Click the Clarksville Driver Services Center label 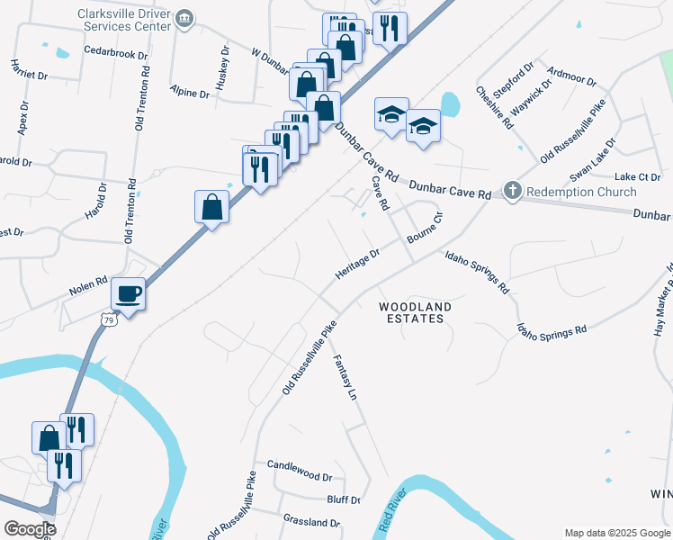click(x=124, y=21)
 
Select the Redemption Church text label click(x=581, y=191)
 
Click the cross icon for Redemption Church click(x=512, y=191)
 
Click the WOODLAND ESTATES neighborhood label click(x=415, y=312)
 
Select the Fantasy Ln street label click(x=345, y=378)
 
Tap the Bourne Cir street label click(x=426, y=229)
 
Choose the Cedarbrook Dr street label click(x=115, y=55)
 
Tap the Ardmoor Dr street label click(x=571, y=79)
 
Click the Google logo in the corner click(x=29, y=529)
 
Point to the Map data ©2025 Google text click(x=617, y=533)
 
